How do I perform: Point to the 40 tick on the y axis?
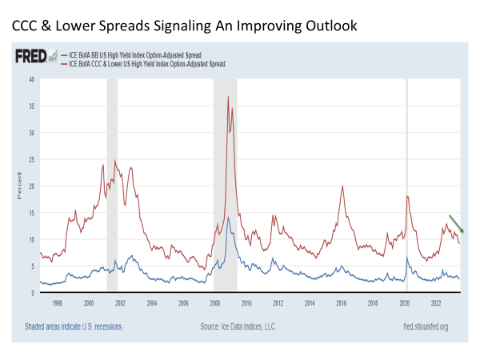pyautogui.click(x=30, y=79)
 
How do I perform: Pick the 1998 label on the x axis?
pyautogui.click(x=57, y=304)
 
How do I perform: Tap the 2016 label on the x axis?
pyautogui.click(x=341, y=304)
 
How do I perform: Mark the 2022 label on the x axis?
pyautogui.click(x=436, y=304)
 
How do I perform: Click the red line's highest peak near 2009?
pyautogui.click(x=228, y=97)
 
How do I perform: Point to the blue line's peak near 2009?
pyautogui.click(x=229, y=218)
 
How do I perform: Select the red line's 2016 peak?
pyautogui.click(x=342, y=186)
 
